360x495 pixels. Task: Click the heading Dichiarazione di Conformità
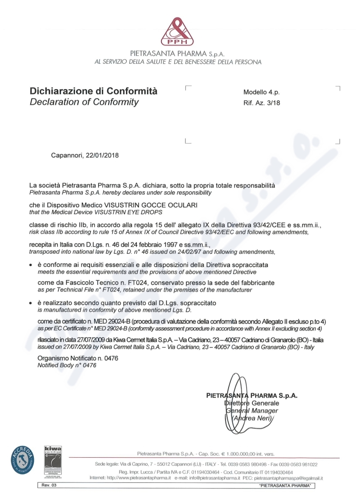click(x=94, y=91)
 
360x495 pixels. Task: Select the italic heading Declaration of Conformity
click(x=84, y=102)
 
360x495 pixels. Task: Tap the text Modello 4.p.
click(x=261, y=92)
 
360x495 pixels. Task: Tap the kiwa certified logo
click(x=53, y=459)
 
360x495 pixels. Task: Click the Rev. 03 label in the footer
click(x=46, y=486)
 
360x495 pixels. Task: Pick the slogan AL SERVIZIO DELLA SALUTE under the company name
click(x=178, y=62)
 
